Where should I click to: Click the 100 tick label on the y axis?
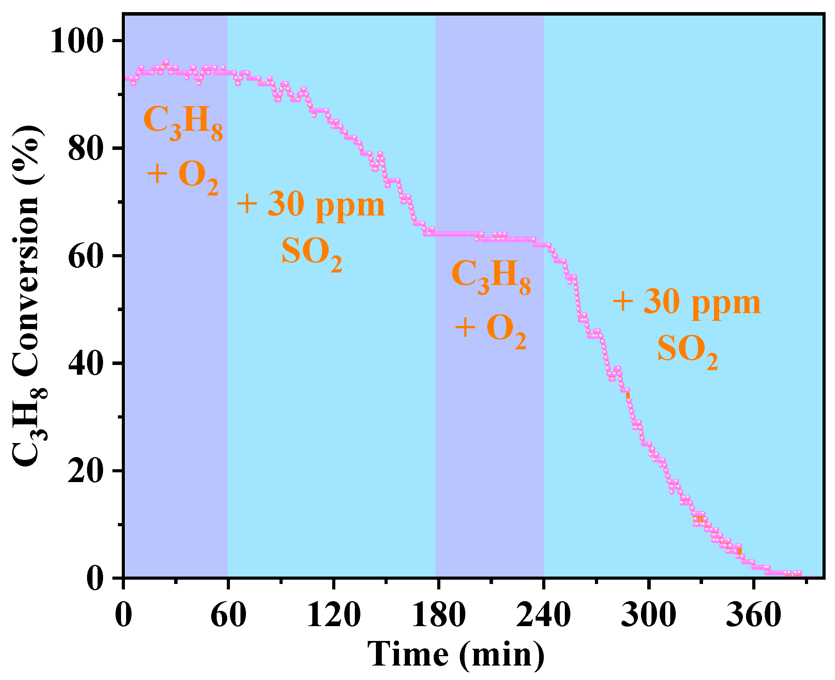pos(77,41)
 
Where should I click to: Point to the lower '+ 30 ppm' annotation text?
pos(687,303)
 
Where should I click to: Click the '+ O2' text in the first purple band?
pos(183,175)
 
